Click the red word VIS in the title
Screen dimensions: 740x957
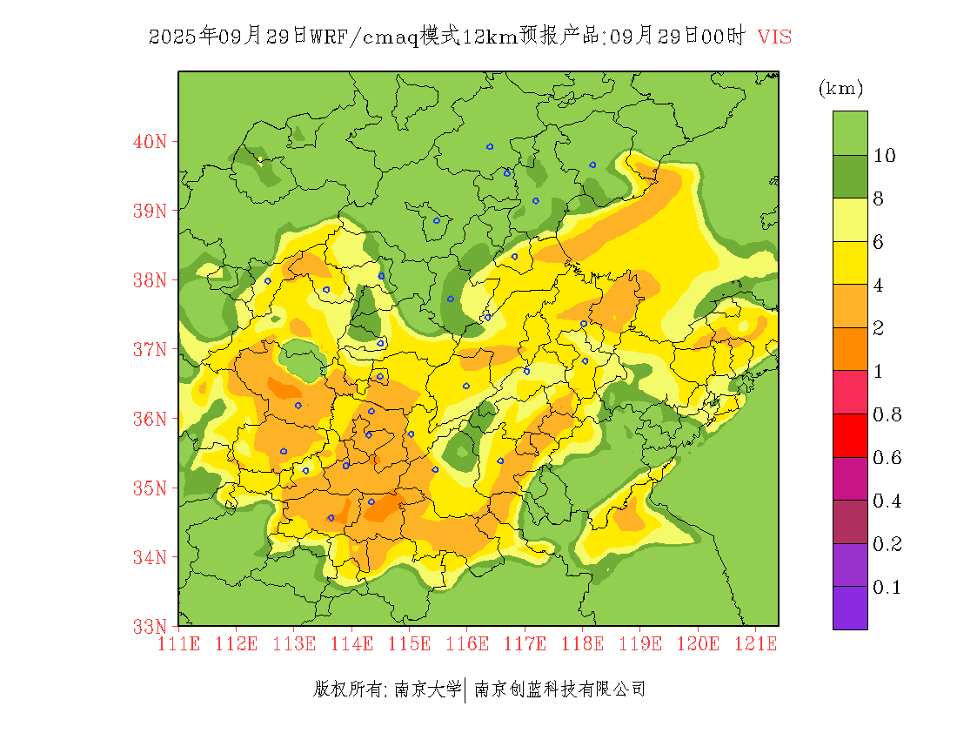pyautogui.click(x=774, y=37)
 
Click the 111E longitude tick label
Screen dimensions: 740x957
pyautogui.click(x=178, y=644)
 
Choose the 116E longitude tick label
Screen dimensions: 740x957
pyautogui.click(x=466, y=644)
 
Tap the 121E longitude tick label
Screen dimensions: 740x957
pyautogui.click(x=755, y=644)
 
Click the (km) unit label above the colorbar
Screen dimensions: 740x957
pyautogui.click(x=840, y=88)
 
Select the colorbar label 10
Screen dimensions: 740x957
pyautogui.click(x=885, y=156)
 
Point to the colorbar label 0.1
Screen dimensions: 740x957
pyautogui.click(x=887, y=588)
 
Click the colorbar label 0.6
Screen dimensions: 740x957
pyautogui.click(x=887, y=458)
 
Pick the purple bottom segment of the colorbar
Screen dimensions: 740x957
pyautogui.click(x=850, y=608)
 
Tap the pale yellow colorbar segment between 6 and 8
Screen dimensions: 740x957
pyautogui.click(x=850, y=220)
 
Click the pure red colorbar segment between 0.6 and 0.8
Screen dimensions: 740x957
pyautogui.click(x=850, y=436)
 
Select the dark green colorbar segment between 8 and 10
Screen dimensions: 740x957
pyautogui.click(x=850, y=177)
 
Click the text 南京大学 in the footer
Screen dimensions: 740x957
pyautogui.click(x=427, y=690)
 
